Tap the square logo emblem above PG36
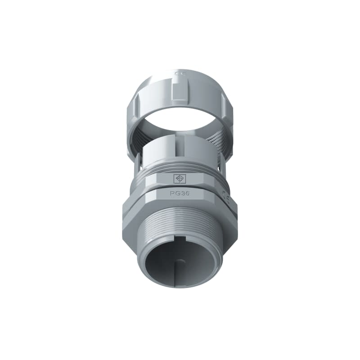point(179,179)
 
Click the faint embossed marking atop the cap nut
point(179,72)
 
